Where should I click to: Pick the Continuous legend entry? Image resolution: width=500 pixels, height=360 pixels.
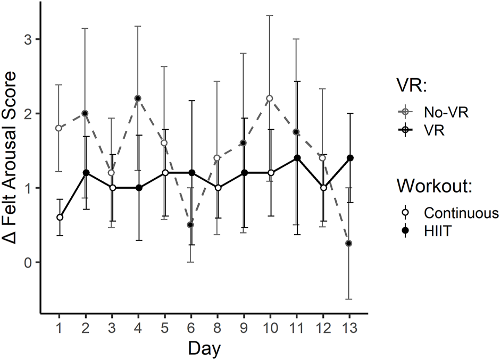[x=461, y=213]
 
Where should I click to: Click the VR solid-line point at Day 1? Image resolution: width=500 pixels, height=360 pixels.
[x=60, y=217]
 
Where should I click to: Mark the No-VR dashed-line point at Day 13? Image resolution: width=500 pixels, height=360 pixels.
[x=349, y=244]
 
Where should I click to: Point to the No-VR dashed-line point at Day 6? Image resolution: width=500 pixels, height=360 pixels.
[x=190, y=225]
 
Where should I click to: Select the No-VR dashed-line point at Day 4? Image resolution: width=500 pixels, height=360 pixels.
[x=138, y=98]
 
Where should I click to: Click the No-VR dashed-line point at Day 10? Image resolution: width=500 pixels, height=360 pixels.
[x=270, y=98]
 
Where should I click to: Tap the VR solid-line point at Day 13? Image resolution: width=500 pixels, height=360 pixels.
[x=349, y=158]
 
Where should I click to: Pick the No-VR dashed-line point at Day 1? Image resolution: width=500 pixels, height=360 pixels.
[x=60, y=128]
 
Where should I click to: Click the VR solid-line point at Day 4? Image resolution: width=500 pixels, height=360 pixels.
[x=138, y=188]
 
